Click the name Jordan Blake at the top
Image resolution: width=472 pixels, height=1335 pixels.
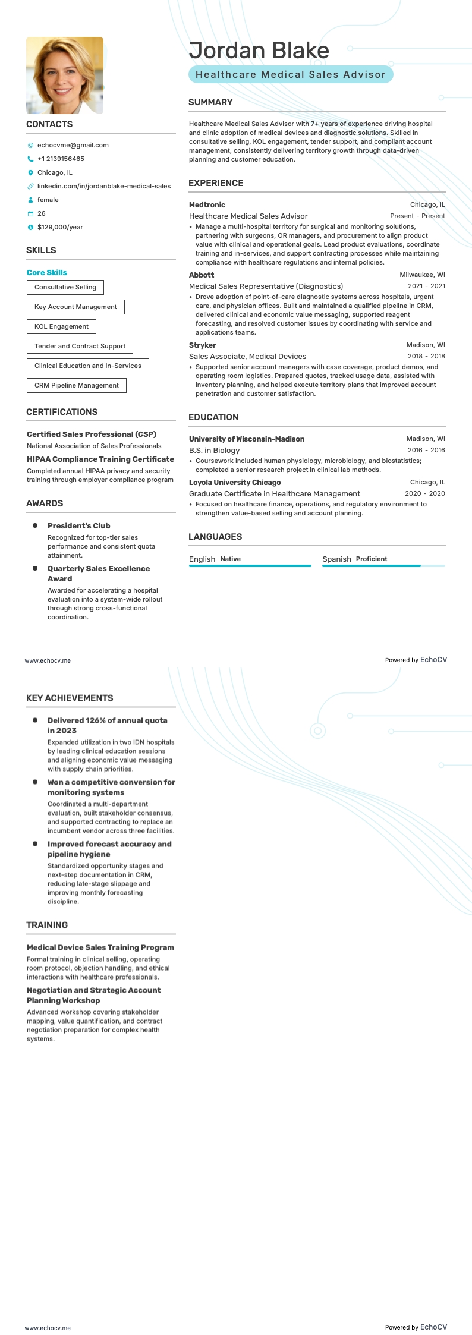(x=259, y=51)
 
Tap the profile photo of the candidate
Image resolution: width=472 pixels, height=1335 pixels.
(x=65, y=75)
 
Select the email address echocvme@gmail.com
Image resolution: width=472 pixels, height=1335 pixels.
(x=73, y=145)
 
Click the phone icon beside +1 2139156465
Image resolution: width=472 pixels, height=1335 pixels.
(x=30, y=159)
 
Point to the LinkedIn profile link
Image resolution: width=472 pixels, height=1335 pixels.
(x=103, y=186)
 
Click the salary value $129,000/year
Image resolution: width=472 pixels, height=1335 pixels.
(x=60, y=227)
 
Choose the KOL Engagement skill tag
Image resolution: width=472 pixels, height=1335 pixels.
(x=61, y=326)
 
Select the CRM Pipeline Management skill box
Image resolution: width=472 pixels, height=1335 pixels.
(x=76, y=385)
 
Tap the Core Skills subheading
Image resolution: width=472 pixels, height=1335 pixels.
(x=47, y=273)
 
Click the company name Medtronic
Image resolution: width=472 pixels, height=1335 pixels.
(x=207, y=205)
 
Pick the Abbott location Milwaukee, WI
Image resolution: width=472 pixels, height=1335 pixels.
(x=422, y=275)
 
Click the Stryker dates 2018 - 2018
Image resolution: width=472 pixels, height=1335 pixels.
(x=426, y=357)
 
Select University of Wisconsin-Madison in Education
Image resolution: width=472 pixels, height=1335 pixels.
(x=247, y=439)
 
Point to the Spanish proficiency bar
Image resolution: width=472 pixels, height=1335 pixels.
(x=383, y=566)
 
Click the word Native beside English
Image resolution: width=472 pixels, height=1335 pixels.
(x=230, y=559)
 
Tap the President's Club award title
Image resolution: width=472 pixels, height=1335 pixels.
(x=78, y=526)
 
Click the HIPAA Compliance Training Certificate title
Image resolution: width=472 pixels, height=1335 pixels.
(x=100, y=459)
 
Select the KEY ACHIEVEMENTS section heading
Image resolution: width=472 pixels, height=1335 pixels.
(x=70, y=698)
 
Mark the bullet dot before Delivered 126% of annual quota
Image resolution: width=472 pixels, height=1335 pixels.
(x=35, y=720)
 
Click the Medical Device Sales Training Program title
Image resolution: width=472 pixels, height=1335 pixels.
(x=100, y=948)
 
